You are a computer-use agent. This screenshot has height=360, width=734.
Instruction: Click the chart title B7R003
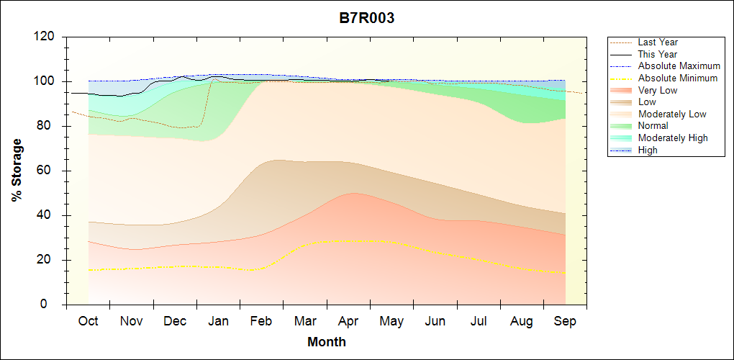366,18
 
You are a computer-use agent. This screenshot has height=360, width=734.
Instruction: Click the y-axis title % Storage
17,170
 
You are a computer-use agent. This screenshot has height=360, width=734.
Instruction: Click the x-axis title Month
326,342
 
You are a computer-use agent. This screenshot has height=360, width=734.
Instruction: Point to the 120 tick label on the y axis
45,37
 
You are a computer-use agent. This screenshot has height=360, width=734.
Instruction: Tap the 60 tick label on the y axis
47,171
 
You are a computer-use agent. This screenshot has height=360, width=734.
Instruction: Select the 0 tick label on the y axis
51,305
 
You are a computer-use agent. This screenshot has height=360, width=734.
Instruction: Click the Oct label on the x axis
88,321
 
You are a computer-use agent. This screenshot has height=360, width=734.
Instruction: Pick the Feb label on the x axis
261,321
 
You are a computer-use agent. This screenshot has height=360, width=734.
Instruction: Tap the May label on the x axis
391,322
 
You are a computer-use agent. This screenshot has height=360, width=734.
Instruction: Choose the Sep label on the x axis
565,322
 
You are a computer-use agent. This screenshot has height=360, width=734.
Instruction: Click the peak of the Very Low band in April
353,193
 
